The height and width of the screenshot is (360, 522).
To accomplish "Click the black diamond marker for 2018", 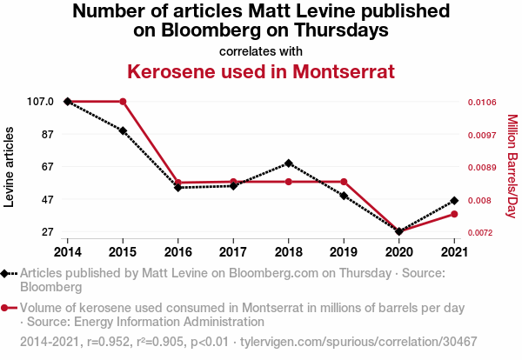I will (288, 163).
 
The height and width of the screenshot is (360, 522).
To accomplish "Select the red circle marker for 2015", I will (123, 102).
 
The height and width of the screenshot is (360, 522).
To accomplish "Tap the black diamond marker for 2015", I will (123, 131).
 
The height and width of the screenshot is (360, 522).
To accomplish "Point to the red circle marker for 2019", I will (344, 182).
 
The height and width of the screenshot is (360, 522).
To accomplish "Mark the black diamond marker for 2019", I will (344, 197).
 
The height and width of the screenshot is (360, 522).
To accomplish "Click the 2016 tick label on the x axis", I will (177, 252).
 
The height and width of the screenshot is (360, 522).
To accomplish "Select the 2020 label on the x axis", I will (398, 252).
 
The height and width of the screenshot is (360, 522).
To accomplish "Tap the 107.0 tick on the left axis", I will (41, 102).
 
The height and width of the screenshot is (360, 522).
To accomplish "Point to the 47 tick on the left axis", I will (47, 199).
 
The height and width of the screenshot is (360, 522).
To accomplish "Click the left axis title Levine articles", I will (10, 167).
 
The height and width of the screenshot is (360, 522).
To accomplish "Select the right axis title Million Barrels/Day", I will (512, 167).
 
